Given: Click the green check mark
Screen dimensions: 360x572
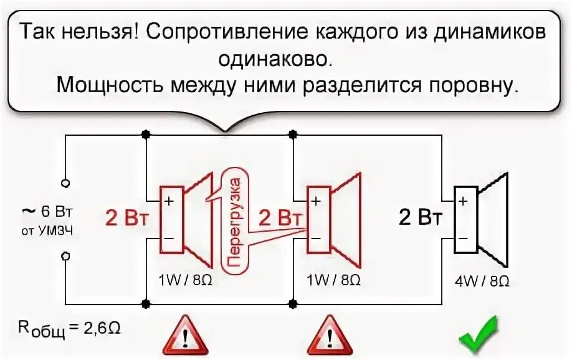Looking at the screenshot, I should (478, 332).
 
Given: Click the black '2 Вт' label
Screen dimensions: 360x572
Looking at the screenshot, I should (421, 217).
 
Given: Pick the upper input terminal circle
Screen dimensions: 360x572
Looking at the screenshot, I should (65, 183).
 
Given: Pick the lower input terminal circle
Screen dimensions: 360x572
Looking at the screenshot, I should (65, 255).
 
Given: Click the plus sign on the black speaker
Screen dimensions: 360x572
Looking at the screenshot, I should (462, 201).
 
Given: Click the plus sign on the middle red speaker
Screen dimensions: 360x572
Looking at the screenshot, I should (316, 201).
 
